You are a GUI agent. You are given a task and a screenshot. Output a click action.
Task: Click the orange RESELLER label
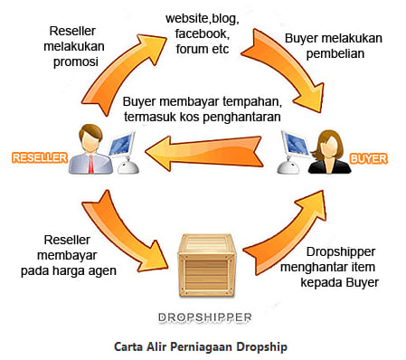point(40,158)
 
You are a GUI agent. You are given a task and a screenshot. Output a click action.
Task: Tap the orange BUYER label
point(369,158)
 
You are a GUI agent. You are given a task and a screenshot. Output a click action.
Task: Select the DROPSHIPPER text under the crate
point(205,317)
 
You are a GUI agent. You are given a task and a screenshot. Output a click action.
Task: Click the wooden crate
point(207,265)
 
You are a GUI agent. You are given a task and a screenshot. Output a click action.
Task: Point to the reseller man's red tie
point(90,164)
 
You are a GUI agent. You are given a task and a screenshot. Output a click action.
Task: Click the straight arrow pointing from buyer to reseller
point(203,152)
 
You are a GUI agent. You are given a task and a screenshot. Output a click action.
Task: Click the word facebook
point(203,33)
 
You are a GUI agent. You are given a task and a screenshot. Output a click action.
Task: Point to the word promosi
point(76,62)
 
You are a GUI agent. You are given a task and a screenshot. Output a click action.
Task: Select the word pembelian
point(335,54)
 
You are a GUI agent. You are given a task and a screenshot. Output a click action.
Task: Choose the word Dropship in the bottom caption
point(261,347)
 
